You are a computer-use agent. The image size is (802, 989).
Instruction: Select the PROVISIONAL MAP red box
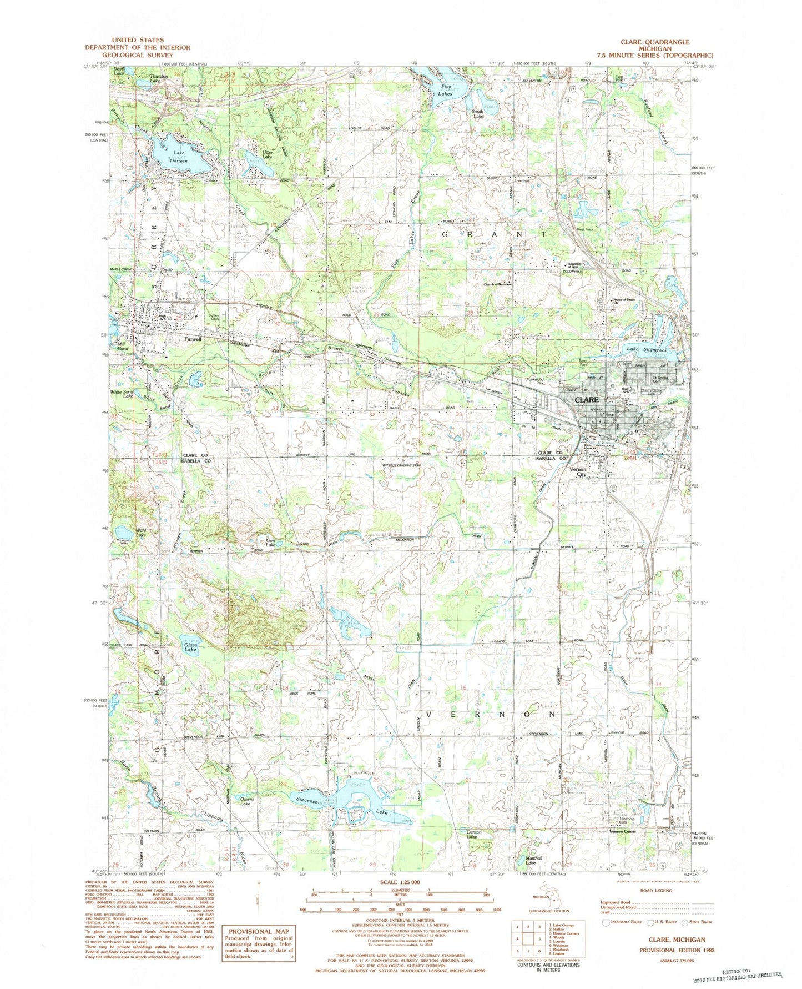[x=259, y=942]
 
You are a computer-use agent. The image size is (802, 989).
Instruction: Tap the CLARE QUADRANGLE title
[x=655, y=42]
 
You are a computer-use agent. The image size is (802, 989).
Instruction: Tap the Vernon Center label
[x=623, y=831]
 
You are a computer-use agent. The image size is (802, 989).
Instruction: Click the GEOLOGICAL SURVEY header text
[x=138, y=54]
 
